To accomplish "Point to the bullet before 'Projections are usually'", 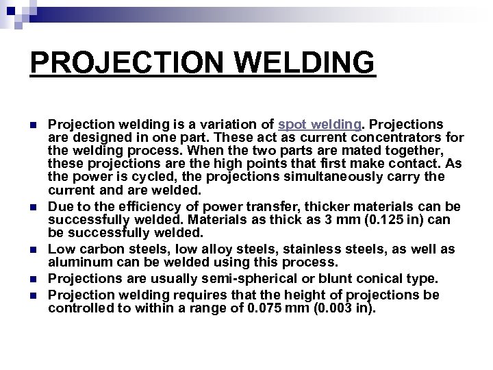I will [x=32, y=280].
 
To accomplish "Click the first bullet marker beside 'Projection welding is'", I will [x=32, y=124].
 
